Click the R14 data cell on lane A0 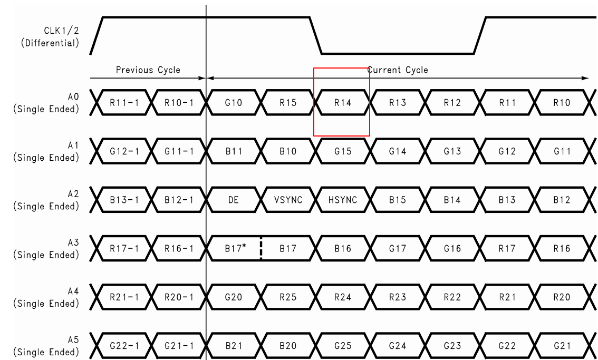pyautogui.click(x=343, y=103)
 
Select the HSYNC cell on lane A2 pyautogui.click(x=343, y=200)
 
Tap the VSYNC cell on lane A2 pyautogui.click(x=288, y=200)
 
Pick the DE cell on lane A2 pyautogui.click(x=234, y=200)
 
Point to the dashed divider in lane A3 pyautogui.click(x=261, y=248)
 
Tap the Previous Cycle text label pyautogui.click(x=148, y=70)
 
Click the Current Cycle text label pyautogui.click(x=398, y=70)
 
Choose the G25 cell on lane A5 pyautogui.click(x=343, y=345)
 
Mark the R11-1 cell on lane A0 pyautogui.click(x=124, y=103)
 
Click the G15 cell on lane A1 pyautogui.click(x=343, y=151)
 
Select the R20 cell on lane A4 pyautogui.click(x=562, y=297)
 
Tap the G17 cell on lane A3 pyautogui.click(x=398, y=248)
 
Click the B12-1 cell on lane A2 pyautogui.click(x=179, y=200)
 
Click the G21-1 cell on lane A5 pyautogui.click(x=179, y=345)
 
